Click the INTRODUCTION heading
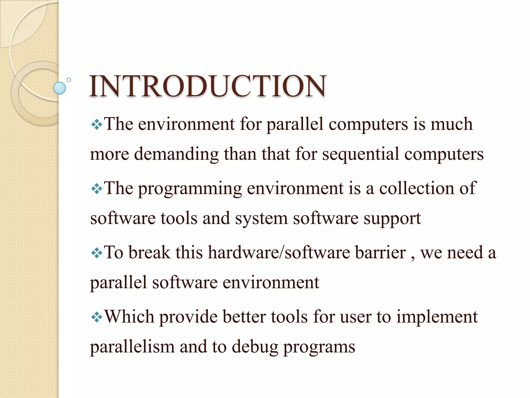coord(208,86)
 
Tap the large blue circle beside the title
coord(60,88)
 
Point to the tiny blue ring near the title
coord(69,80)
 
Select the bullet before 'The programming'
coord(97,189)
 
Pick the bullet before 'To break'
coord(97,253)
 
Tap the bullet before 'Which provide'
coord(97,317)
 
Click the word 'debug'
coord(255,347)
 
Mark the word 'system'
coord(261,219)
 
